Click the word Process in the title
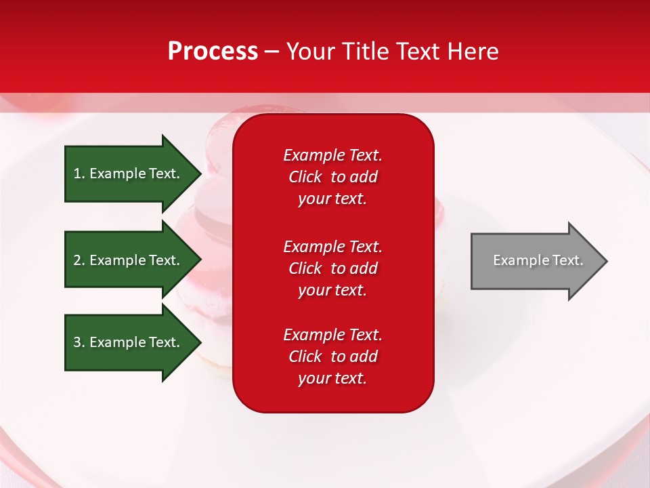(213, 52)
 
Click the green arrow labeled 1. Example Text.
(133, 174)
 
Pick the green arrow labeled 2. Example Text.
(133, 260)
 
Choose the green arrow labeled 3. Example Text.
(133, 342)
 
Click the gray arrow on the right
(540, 261)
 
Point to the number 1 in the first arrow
(77, 174)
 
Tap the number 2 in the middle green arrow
(77, 260)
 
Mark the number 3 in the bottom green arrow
(77, 342)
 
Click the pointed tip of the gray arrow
(607, 261)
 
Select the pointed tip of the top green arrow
(202, 174)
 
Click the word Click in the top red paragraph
(305, 177)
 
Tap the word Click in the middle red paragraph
(305, 268)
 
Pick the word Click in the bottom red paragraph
(305, 356)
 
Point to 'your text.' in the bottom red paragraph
(332, 378)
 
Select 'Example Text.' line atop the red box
(333, 155)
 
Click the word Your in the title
(311, 51)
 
